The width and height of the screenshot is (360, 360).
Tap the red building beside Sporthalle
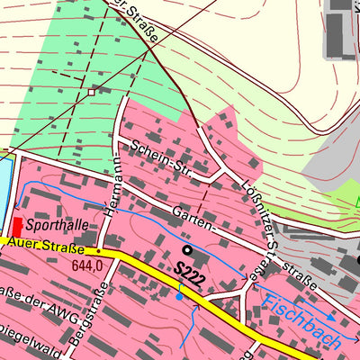(17, 227)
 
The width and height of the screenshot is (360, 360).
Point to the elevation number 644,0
(87, 266)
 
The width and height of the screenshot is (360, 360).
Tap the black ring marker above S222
(187, 249)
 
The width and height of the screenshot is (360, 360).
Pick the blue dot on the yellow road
(180, 295)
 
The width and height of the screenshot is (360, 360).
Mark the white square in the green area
(91, 91)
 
